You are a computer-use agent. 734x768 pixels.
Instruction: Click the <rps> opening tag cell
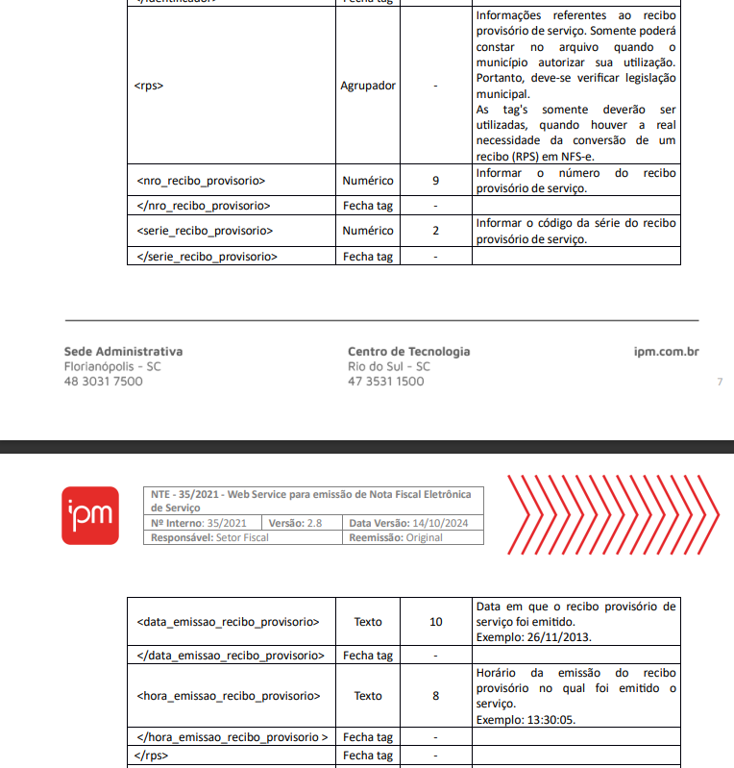pyautogui.click(x=149, y=86)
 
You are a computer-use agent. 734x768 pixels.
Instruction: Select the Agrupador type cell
pyautogui.click(x=367, y=86)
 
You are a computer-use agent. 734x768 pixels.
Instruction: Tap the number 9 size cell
pyautogui.click(x=435, y=180)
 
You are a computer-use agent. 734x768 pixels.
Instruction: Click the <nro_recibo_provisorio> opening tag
pyautogui.click(x=201, y=180)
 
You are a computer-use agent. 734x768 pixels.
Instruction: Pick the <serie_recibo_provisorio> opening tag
pyautogui.click(x=205, y=231)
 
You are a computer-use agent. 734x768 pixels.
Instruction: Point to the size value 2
pyautogui.click(x=435, y=231)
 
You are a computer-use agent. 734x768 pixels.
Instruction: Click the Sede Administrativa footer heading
pyautogui.click(x=123, y=352)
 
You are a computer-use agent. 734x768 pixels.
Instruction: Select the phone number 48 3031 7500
pyautogui.click(x=103, y=382)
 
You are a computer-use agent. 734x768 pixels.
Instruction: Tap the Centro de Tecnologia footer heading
pyautogui.click(x=409, y=352)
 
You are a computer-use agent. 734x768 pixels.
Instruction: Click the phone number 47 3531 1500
pyautogui.click(x=385, y=382)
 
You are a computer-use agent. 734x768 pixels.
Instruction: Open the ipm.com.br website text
pyautogui.click(x=667, y=352)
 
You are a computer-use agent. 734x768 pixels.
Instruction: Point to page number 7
pyautogui.click(x=720, y=383)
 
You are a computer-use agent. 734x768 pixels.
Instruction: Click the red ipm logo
pyautogui.click(x=90, y=516)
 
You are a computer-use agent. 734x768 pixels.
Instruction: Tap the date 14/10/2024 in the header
pyautogui.click(x=439, y=523)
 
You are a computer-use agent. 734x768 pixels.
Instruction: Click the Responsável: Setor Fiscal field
pyautogui.click(x=209, y=537)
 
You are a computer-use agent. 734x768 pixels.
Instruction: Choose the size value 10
pyautogui.click(x=436, y=622)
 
